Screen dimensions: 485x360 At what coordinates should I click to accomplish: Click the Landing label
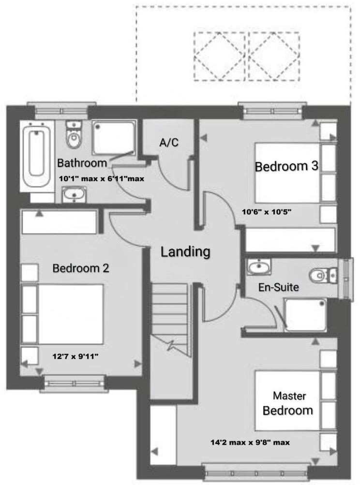pos(186,251)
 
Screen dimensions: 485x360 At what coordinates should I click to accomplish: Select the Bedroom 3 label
pos(286,167)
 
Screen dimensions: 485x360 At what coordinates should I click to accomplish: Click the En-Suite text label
pos(278,287)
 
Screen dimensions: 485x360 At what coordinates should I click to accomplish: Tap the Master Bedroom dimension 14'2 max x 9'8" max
pos(250,442)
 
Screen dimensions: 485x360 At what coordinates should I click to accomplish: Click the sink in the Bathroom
pos(74,194)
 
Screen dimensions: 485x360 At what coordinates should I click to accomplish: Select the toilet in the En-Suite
pos(323,275)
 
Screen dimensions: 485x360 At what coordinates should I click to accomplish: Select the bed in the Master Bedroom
pos(287,400)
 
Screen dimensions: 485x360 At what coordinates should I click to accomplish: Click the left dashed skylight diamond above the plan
pos(220,56)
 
